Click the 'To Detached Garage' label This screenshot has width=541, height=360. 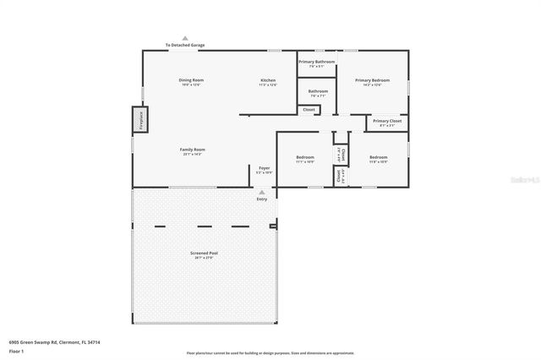pyautogui.click(x=185, y=45)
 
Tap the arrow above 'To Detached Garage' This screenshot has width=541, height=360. pyautogui.click(x=185, y=38)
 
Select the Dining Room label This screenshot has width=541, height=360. pyautogui.click(x=192, y=81)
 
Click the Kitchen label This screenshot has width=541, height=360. pyautogui.click(x=267, y=81)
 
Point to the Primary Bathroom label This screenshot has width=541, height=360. pyautogui.click(x=317, y=63)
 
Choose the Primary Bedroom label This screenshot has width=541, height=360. pyautogui.click(x=372, y=81)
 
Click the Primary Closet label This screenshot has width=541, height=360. pyautogui.click(x=387, y=122)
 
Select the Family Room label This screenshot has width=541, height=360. pyautogui.click(x=193, y=150)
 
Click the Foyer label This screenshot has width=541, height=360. pyautogui.click(x=264, y=169)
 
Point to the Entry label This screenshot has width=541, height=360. pyautogui.click(x=262, y=199)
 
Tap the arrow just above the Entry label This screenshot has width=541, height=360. pyautogui.click(x=262, y=192)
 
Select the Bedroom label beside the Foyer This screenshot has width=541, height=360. pyautogui.click(x=305, y=158)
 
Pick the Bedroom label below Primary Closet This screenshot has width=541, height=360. pyautogui.click(x=378, y=158)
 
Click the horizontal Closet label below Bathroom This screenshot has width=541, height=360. pyautogui.click(x=309, y=109)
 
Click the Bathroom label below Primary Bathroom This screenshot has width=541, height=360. pyautogui.click(x=318, y=92)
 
